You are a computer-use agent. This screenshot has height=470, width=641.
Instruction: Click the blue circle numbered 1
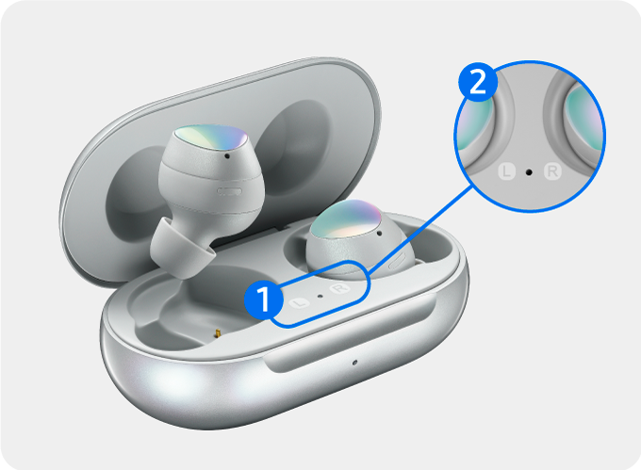(x=264, y=300)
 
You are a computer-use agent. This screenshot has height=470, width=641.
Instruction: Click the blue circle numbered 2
(x=478, y=83)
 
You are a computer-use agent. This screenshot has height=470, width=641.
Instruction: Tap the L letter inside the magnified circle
(x=507, y=171)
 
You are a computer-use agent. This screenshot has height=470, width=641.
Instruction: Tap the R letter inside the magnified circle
(x=552, y=171)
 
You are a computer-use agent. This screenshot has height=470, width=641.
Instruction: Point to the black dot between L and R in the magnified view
(x=529, y=172)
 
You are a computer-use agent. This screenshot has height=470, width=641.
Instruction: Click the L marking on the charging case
(x=300, y=303)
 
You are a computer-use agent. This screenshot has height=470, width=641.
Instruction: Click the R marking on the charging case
(x=339, y=289)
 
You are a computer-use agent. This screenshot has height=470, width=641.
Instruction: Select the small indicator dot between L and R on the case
(x=320, y=297)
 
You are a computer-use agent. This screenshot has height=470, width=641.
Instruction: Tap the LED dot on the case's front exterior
(x=354, y=363)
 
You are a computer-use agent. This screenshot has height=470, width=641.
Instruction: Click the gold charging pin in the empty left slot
(x=218, y=333)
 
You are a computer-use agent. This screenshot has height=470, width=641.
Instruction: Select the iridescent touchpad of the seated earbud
(x=347, y=219)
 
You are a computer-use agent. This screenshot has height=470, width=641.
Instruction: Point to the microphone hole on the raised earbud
(x=227, y=155)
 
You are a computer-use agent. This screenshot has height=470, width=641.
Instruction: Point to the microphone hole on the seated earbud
(x=380, y=234)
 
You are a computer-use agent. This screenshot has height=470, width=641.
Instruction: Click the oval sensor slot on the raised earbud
(x=229, y=191)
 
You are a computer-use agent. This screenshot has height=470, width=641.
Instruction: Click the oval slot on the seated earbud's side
(x=397, y=261)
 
